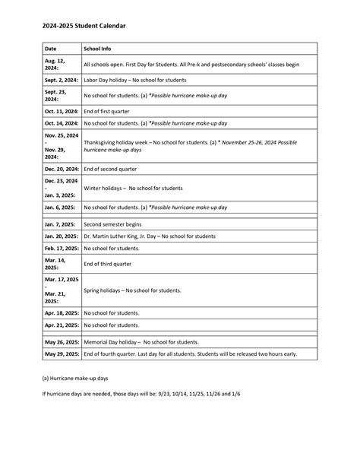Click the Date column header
51,48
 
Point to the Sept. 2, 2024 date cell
60,80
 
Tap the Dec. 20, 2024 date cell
60,169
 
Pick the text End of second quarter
112,169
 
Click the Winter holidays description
133,188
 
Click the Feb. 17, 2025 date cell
60,248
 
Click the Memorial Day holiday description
142,342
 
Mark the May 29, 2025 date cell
60,353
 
